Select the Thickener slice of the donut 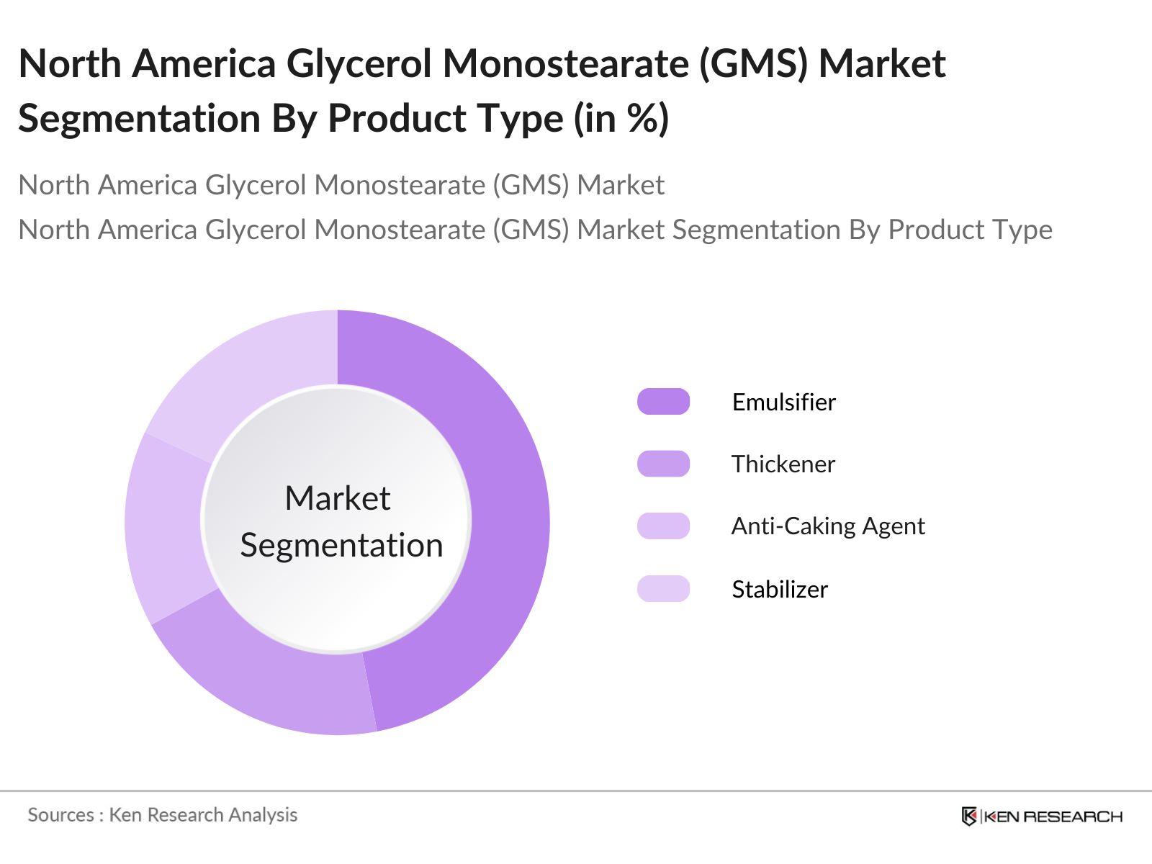point(262,677)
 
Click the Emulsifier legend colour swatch point(663,402)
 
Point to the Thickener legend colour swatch point(663,464)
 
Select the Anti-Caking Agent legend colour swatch point(663,526)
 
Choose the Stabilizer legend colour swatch point(663,588)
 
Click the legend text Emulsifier point(783,402)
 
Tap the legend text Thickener point(783,464)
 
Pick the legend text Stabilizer point(780,589)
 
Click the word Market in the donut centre point(338,498)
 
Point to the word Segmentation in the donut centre point(342,546)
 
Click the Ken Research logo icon point(969,816)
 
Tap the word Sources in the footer point(61,815)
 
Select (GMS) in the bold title point(754,64)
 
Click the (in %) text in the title point(621,119)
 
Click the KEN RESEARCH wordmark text point(1053,816)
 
